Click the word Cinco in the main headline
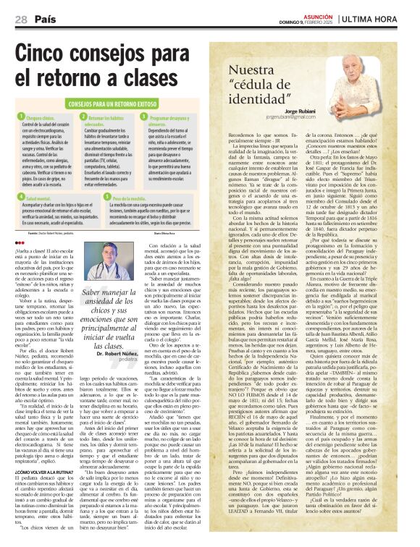pyautogui.click(x=51, y=52)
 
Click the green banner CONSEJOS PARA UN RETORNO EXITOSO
pyautogui.click(x=107, y=103)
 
